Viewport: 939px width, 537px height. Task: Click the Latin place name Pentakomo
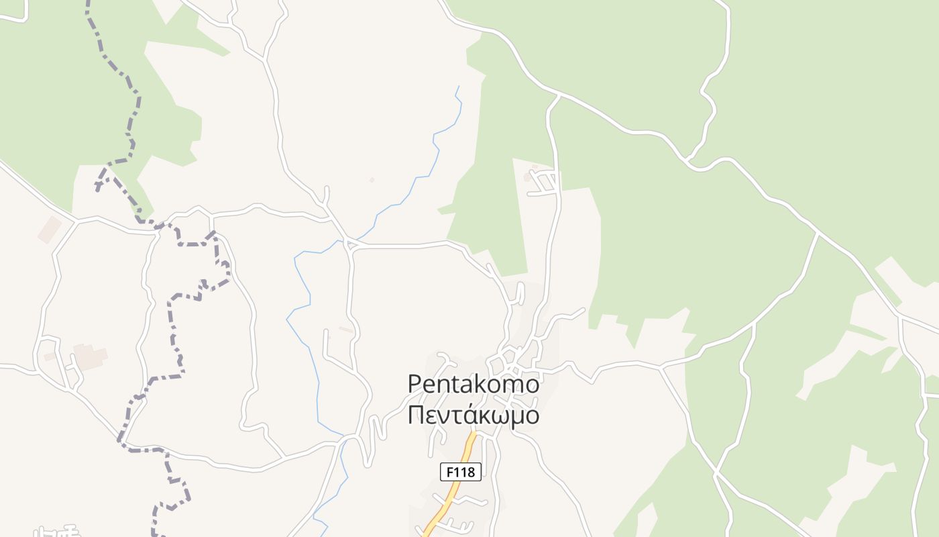click(474, 385)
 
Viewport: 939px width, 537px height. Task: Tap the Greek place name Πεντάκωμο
click(474, 415)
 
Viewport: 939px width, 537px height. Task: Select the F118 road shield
click(461, 472)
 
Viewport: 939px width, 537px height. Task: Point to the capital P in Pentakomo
click(415, 384)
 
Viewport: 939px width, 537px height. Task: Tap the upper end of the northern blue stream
click(459, 87)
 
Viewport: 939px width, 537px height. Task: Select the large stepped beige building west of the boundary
click(90, 356)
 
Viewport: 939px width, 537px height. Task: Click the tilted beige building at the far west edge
click(50, 230)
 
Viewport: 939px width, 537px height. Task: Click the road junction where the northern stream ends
click(347, 242)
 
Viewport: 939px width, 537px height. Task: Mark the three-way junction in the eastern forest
click(818, 233)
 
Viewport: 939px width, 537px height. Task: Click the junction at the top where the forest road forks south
click(558, 96)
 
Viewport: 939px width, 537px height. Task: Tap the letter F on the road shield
click(449, 472)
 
